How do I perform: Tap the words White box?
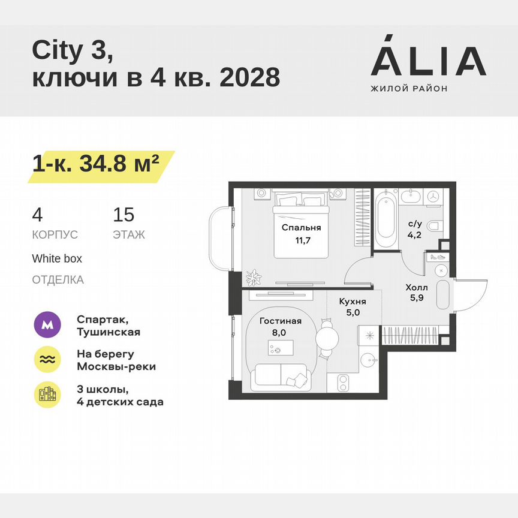pyautogui.click(x=57, y=258)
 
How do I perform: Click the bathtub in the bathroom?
pyautogui.click(x=387, y=220)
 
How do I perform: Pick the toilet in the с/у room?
pyautogui.click(x=436, y=225)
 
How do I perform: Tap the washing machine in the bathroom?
pyautogui.click(x=434, y=196)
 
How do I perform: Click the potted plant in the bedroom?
pyautogui.click(x=253, y=276)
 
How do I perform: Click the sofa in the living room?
pyautogui.click(x=282, y=376)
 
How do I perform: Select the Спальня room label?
pyautogui.click(x=301, y=228)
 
